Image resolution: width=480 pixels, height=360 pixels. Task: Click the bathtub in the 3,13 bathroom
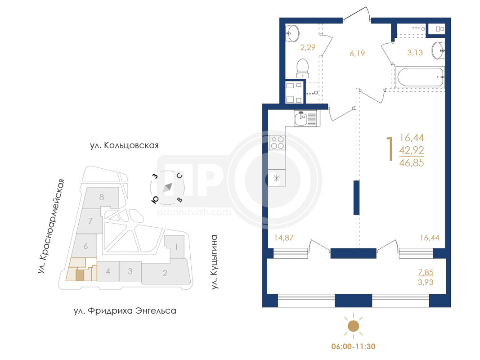click(x=419, y=77)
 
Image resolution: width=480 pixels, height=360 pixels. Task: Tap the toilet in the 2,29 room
click(x=303, y=68)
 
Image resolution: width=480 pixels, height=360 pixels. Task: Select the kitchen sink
click(x=305, y=118)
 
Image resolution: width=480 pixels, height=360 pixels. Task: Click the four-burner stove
click(x=277, y=143)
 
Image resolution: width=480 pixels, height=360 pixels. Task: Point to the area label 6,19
click(x=357, y=54)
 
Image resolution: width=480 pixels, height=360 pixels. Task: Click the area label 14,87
click(x=284, y=238)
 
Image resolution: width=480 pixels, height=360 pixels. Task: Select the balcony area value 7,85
click(x=426, y=272)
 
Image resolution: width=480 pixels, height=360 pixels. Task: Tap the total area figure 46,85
click(x=412, y=163)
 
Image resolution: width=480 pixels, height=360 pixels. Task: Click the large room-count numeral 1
click(x=390, y=149)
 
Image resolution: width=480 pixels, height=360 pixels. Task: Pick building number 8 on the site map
click(x=102, y=197)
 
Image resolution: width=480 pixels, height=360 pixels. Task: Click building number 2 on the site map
click(x=165, y=273)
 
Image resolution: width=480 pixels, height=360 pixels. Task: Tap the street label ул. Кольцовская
click(x=124, y=145)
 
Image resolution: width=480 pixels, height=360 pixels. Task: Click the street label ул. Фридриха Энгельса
click(x=125, y=311)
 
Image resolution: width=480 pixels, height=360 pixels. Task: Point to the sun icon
click(x=353, y=326)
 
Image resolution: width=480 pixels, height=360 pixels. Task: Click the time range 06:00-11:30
click(x=353, y=346)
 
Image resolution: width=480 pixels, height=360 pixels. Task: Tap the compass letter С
click(x=179, y=175)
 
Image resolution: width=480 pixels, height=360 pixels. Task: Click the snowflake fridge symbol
click(x=276, y=178)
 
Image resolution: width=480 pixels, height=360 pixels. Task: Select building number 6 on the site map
click(x=86, y=246)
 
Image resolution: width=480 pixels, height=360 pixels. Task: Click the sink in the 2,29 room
click(x=292, y=33)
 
